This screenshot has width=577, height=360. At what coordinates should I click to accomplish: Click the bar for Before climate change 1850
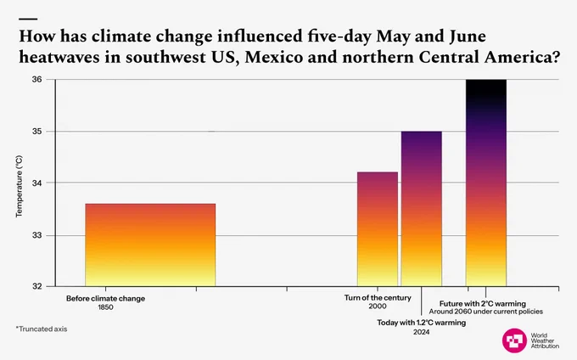click(x=150, y=245)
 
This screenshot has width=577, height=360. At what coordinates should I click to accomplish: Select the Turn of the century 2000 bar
click(x=378, y=229)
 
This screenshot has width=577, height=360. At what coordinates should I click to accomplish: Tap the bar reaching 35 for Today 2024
click(x=422, y=209)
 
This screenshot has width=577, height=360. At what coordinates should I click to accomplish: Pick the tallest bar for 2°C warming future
click(x=486, y=183)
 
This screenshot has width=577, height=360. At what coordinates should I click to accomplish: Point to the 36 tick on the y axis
click(x=37, y=80)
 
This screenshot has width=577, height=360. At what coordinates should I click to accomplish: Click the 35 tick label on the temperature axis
click(x=37, y=132)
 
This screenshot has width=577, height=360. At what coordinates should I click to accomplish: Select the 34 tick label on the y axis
click(x=37, y=183)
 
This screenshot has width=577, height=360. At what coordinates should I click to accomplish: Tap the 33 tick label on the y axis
click(x=37, y=235)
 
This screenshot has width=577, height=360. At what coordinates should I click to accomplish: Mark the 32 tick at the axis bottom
click(x=37, y=286)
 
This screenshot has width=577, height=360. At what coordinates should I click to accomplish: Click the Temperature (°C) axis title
click(x=20, y=186)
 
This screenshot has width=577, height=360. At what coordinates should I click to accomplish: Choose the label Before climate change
click(x=105, y=299)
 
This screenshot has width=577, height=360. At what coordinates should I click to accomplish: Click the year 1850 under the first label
click(x=105, y=307)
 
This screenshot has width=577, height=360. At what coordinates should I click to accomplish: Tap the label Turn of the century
click(x=378, y=298)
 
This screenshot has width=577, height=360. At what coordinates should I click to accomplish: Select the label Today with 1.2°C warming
click(x=422, y=323)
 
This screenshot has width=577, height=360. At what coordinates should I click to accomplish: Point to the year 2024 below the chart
click(x=422, y=332)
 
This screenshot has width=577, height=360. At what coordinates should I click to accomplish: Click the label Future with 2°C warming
click(x=483, y=304)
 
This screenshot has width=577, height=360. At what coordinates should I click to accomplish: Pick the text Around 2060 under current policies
click(x=485, y=312)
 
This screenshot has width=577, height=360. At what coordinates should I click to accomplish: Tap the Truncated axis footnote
click(x=42, y=329)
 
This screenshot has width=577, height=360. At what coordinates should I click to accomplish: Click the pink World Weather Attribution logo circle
click(x=514, y=340)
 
